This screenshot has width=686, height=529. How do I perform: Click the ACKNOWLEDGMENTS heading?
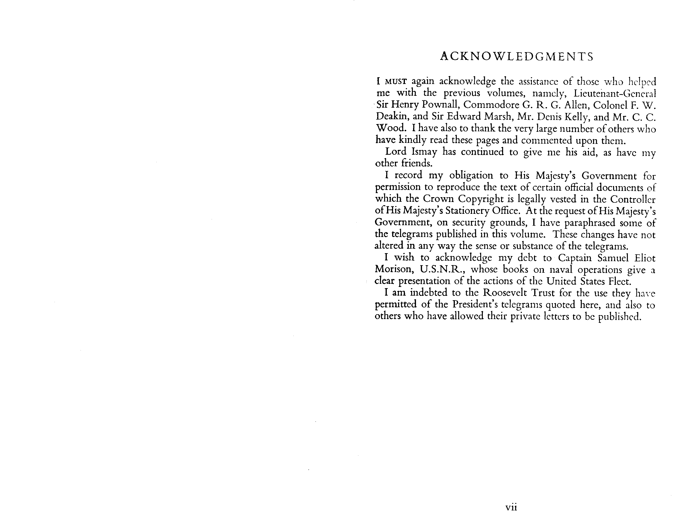(x=517, y=56)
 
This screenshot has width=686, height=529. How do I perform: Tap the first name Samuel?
(x=613, y=258)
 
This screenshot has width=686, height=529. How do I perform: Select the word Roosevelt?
(x=505, y=293)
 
